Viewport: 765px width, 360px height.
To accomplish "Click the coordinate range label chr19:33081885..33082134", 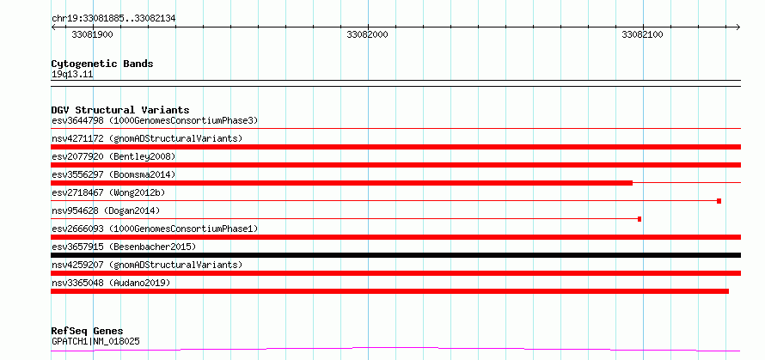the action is (x=113, y=19).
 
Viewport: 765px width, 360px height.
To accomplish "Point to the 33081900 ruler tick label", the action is (x=93, y=34).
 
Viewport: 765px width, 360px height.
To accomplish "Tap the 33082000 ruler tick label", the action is (x=367, y=34).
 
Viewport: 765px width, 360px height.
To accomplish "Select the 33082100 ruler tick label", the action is (x=643, y=34).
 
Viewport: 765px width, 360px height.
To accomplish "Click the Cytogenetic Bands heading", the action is (x=102, y=64).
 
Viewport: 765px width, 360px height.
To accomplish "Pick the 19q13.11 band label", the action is (x=72, y=75).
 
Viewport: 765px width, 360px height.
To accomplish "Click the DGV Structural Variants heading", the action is (x=120, y=110).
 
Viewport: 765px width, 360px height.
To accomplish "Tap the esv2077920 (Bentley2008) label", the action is (x=113, y=156).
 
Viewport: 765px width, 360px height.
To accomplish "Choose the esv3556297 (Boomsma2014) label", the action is (x=113, y=174).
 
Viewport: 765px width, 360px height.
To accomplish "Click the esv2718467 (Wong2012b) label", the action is (x=108, y=192).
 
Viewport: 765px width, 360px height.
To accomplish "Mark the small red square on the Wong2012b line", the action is (x=719, y=201).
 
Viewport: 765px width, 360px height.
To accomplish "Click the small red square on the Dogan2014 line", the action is (x=640, y=219).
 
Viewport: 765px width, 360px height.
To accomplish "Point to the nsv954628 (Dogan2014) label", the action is (x=106, y=211).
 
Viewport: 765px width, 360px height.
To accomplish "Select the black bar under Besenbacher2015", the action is (x=395, y=255).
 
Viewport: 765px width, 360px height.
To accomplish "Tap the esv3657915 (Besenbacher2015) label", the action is (x=124, y=247).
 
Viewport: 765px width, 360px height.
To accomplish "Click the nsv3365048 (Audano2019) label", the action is (x=111, y=283).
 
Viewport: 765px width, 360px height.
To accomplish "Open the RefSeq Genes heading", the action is (x=88, y=332).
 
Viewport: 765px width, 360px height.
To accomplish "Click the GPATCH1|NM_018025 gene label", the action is (x=95, y=341).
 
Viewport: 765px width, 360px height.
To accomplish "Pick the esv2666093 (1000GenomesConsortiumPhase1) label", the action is (x=155, y=229).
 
